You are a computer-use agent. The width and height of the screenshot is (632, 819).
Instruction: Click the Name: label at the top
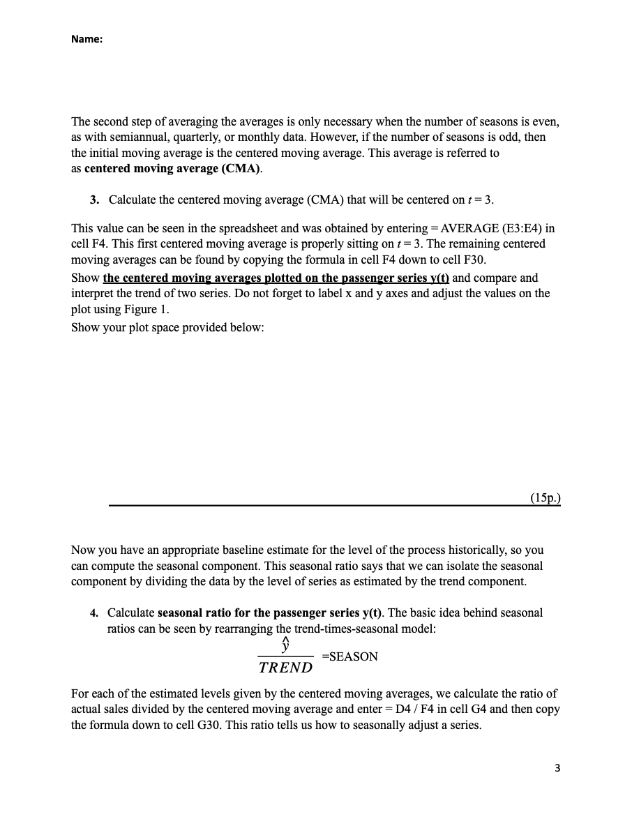[x=86, y=40]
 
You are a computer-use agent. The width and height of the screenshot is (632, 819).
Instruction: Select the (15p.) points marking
[x=545, y=497]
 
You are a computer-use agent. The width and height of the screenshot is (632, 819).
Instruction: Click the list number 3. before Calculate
[x=94, y=200]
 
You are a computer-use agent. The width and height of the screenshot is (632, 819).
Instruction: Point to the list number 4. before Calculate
[x=94, y=613]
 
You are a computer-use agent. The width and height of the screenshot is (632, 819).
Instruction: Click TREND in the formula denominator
[x=285, y=668]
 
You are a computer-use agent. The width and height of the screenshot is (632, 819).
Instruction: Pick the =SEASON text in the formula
[x=349, y=656]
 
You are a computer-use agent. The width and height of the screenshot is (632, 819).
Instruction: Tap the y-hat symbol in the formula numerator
[x=285, y=645]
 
